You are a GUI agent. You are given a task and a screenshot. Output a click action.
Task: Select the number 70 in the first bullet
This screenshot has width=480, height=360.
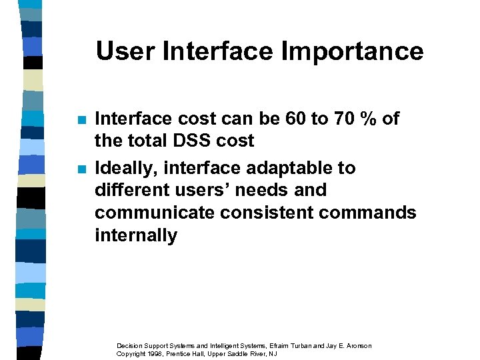point(337,119)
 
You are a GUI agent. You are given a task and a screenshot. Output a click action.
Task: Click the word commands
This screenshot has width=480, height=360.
point(374,213)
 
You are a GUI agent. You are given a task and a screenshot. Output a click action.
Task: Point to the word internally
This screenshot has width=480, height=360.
point(136,235)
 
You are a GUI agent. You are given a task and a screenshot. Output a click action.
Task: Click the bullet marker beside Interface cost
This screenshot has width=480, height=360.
point(81,120)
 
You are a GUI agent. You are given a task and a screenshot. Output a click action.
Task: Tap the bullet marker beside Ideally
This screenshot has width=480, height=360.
point(81,169)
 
